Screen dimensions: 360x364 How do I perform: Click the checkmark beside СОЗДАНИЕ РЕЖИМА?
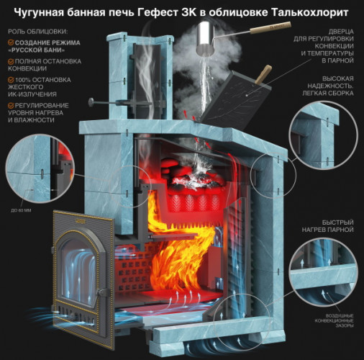pyautogui.click(x=11, y=43)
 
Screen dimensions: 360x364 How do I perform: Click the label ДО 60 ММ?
pyautogui.click(x=22, y=210)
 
